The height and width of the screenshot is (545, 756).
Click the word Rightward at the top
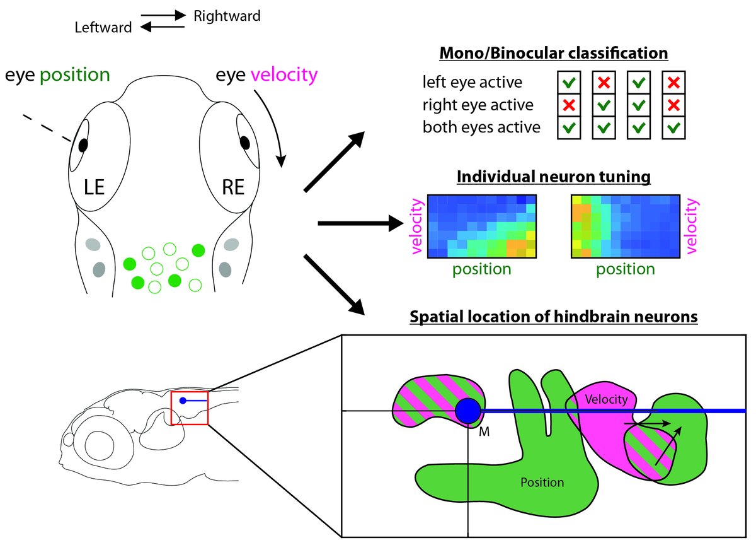click(x=226, y=16)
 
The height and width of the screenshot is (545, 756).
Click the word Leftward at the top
click(x=103, y=28)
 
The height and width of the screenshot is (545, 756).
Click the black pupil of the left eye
click(x=83, y=144)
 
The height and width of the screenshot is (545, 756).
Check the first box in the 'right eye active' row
click(x=567, y=105)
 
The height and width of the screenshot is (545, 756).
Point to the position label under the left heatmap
click(x=481, y=269)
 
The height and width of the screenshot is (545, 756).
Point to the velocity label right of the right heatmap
click(x=693, y=226)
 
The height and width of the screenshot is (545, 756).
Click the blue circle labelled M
click(x=468, y=411)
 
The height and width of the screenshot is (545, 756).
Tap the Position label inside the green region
click(x=542, y=483)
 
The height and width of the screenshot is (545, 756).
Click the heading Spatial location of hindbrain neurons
click(x=553, y=317)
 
